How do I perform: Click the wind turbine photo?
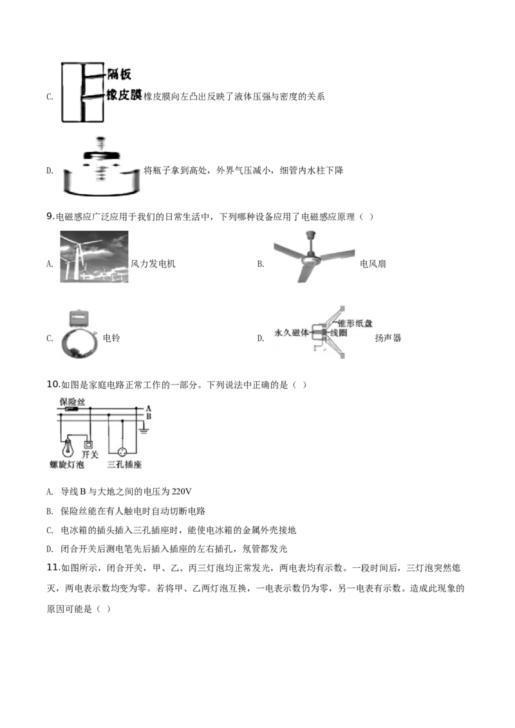[94, 257]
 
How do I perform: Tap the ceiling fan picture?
[314, 257]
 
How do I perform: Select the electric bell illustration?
[79, 334]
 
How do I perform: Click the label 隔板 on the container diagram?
[119, 75]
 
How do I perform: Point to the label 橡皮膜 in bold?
[124, 95]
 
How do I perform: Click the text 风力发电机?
[153, 264]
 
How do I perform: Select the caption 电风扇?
[373, 264]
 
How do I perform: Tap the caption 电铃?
[111, 338]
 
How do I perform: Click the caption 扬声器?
[388, 338]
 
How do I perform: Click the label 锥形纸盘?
[355, 323]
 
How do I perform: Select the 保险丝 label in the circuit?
[72, 402]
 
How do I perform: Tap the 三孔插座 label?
[124, 464]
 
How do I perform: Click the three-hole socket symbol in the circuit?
[122, 451]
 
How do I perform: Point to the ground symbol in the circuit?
[144, 430]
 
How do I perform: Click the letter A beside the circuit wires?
[148, 408]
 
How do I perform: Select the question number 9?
[51, 216]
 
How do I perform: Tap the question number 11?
[53, 568]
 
